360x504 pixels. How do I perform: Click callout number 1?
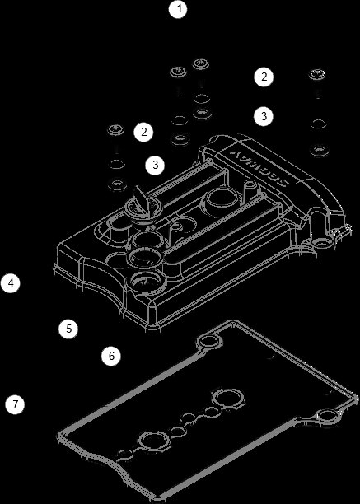178,11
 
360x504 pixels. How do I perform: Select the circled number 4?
10,282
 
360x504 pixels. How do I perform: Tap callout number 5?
69,328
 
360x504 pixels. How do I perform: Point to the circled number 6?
111,356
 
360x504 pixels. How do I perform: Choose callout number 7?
13,404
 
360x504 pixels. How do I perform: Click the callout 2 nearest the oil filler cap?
143,131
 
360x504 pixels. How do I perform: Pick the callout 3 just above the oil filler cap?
155,165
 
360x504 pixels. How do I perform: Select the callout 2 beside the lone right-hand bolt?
263,77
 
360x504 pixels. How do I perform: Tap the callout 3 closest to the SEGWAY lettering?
263,115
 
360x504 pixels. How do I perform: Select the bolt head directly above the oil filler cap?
116,130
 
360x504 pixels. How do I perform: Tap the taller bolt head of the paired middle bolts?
200,64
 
